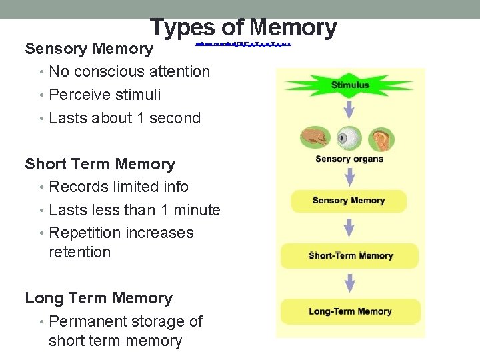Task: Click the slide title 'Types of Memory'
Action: point(243,27)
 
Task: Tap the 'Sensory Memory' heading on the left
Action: point(89,49)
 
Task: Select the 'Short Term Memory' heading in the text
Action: point(100,164)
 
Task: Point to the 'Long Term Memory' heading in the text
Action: point(99,298)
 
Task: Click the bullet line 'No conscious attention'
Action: point(129,71)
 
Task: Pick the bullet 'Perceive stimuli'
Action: point(105,95)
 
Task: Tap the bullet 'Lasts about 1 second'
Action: point(125,118)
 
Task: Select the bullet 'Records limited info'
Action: point(119,187)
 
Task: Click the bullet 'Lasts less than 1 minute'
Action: point(135,210)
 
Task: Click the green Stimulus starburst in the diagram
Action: point(349,85)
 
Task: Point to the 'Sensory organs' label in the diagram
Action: point(349,159)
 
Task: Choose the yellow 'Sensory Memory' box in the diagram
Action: point(349,201)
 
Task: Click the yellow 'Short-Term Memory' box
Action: point(350,256)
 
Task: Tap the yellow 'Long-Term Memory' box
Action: point(350,311)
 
